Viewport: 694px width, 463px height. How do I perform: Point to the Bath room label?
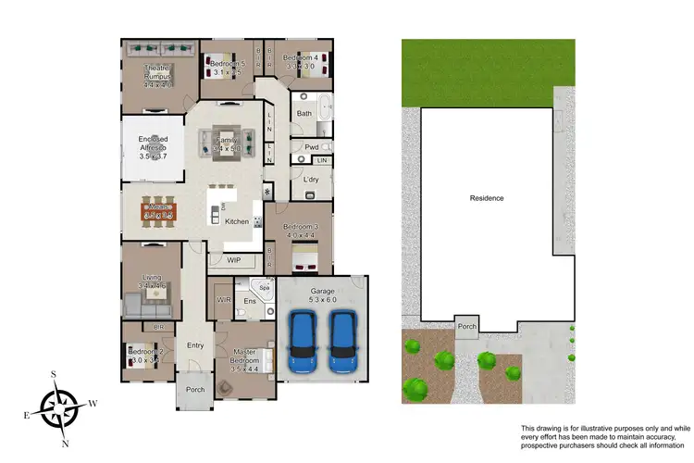(x=304, y=114)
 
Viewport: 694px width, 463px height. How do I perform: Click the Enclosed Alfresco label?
(x=154, y=147)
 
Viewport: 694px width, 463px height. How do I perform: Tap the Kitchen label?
(x=237, y=222)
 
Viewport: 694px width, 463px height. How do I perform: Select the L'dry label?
(x=310, y=179)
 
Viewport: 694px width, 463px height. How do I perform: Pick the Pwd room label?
(x=312, y=147)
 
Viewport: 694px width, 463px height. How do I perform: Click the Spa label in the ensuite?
(x=263, y=288)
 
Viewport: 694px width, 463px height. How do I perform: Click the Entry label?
(x=195, y=345)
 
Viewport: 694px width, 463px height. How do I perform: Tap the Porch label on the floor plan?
(x=195, y=389)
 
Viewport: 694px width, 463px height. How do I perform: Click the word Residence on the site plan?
(x=486, y=198)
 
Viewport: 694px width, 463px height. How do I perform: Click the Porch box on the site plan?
(x=467, y=326)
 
